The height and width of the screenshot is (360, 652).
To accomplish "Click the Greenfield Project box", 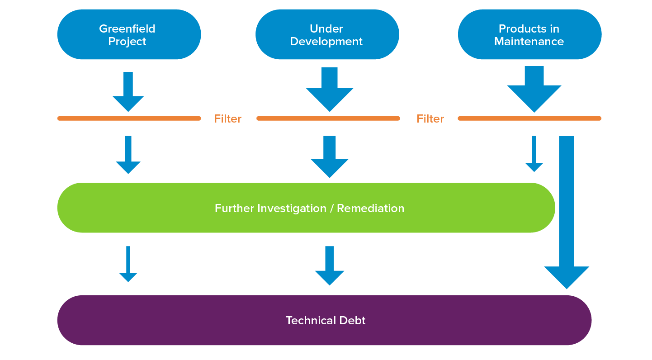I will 129,35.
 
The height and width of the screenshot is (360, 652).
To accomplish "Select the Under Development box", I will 327,35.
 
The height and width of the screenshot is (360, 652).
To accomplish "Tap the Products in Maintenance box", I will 529,35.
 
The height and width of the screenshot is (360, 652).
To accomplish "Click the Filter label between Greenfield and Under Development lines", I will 228,119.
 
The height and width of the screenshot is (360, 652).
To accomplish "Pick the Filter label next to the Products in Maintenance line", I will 430,119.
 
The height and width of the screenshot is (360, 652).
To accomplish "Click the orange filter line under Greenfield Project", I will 129,118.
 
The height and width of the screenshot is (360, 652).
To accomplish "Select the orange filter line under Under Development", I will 328,118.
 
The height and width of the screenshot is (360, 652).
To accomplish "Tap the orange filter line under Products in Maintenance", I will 529,118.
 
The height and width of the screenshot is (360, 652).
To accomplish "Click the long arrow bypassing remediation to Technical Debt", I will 567,213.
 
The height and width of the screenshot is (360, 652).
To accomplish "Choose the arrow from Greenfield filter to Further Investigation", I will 128,155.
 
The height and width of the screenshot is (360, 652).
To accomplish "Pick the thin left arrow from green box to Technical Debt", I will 128,265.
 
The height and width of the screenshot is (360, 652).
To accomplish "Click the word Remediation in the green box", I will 370,208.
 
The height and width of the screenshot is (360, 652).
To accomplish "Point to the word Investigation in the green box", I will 292,208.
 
